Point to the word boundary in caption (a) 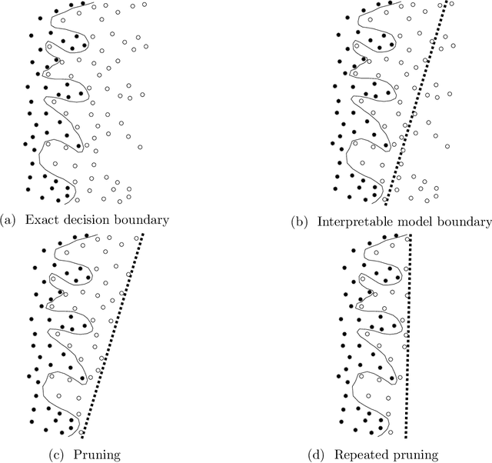(x=138, y=221)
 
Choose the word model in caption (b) (x=417, y=222)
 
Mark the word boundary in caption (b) (x=464, y=222)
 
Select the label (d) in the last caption (x=317, y=455)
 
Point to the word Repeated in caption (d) (x=361, y=455)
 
